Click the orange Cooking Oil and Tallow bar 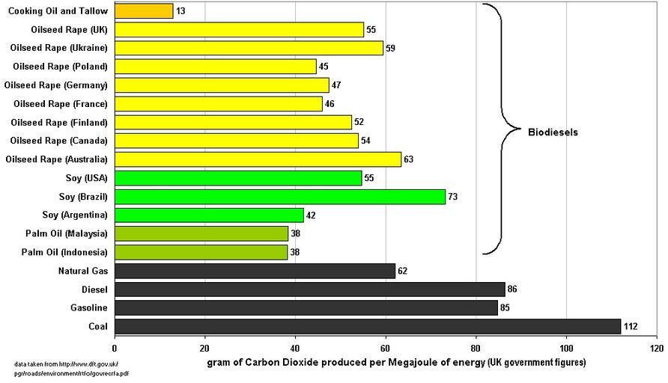[144, 10]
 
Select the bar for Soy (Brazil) [279, 197]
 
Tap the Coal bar [368, 326]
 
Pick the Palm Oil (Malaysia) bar [201, 233]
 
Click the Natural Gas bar [255, 271]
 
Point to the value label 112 [632, 326]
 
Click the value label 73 [452, 197]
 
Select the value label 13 [180, 10]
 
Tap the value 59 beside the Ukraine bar [389, 48]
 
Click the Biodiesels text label [553, 132]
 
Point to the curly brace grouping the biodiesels [500, 129]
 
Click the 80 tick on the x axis [476, 348]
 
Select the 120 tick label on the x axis [656, 348]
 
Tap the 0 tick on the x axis [115, 348]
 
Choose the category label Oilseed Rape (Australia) [56, 159]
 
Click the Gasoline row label [89, 307]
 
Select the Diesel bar [309, 289]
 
